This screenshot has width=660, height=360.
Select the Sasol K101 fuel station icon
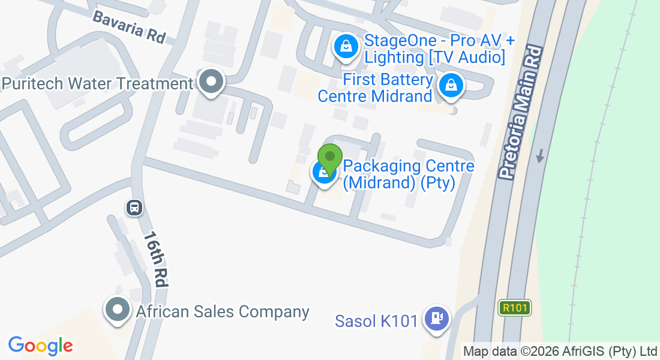tap(436, 317)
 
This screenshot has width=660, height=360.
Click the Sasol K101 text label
tap(376, 321)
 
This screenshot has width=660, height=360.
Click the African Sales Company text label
tap(223, 312)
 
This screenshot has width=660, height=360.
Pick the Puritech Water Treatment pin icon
tap(211, 82)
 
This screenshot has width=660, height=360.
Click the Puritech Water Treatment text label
tap(98, 83)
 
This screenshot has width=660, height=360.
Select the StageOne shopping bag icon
tap(346, 46)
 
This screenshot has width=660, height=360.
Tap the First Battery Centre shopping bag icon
tap(450, 86)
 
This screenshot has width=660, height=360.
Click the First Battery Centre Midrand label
tap(376, 88)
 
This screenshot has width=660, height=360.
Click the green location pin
tap(329, 158)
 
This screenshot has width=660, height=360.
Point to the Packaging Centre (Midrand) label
tap(409, 174)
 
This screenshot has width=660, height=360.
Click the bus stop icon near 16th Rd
tap(134, 208)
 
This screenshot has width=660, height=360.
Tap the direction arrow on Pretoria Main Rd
tap(541, 156)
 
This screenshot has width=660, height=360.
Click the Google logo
tap(40, 346)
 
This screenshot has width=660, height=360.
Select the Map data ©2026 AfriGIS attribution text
tap(560, 351)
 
